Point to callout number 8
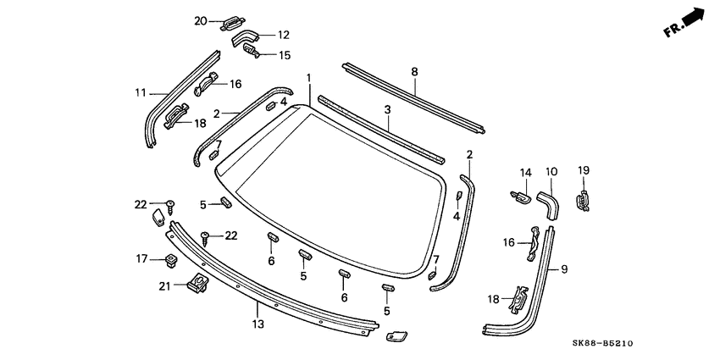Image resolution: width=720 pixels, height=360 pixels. [414, 72]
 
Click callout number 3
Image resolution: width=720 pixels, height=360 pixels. [387, 110]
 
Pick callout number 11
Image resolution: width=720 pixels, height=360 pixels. [141, 93]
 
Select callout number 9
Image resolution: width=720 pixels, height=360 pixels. [564, 269]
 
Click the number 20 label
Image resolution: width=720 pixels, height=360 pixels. [200, 20]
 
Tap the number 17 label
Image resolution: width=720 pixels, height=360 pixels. [141, 258]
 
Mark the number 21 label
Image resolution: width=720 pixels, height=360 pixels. [165, 285]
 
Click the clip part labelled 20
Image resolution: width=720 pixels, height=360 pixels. [232, 23]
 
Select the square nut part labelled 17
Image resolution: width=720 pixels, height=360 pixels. [172, 258]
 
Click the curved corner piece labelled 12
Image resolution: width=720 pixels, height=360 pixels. [246, 38]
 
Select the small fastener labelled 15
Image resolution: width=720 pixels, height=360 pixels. [256, 53]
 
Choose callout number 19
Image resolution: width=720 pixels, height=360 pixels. [583, 170]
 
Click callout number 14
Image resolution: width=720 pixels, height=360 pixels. [525, 173]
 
